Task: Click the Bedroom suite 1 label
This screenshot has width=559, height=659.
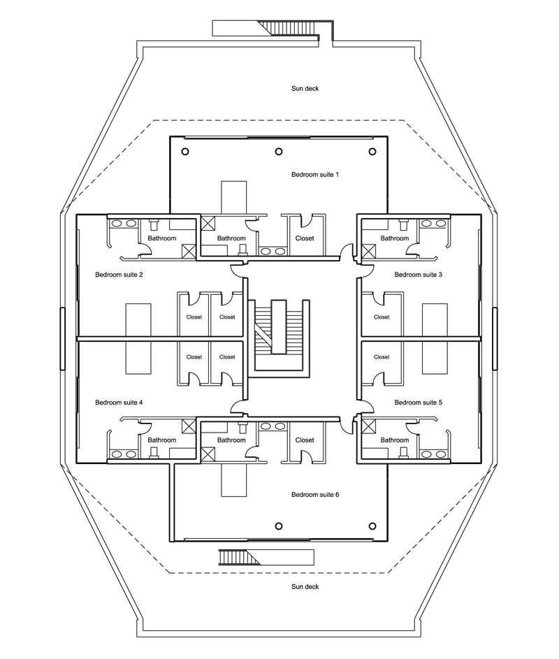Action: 314,173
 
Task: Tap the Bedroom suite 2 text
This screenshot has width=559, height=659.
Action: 119,275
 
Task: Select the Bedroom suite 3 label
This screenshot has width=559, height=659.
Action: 418,275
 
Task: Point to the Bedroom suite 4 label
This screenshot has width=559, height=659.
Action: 119,403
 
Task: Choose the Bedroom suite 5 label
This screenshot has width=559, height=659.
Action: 418,403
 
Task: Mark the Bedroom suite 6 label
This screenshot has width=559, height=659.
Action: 314,495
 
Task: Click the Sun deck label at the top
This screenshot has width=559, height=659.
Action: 305,89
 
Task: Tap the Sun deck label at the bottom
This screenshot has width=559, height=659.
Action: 305,587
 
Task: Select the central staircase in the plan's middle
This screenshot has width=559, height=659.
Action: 279,336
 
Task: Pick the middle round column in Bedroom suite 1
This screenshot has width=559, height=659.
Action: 279,151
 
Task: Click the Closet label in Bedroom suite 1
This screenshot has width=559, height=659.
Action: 305,238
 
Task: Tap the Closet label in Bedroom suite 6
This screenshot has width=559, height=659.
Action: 305,440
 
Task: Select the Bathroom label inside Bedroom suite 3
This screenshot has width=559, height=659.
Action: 394,238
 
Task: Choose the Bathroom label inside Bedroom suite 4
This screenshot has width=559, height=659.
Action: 161,440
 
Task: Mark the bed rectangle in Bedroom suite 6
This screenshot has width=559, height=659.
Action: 234,479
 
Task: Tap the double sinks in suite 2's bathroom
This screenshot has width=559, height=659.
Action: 124,224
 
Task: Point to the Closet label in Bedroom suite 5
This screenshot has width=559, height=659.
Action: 382,356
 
